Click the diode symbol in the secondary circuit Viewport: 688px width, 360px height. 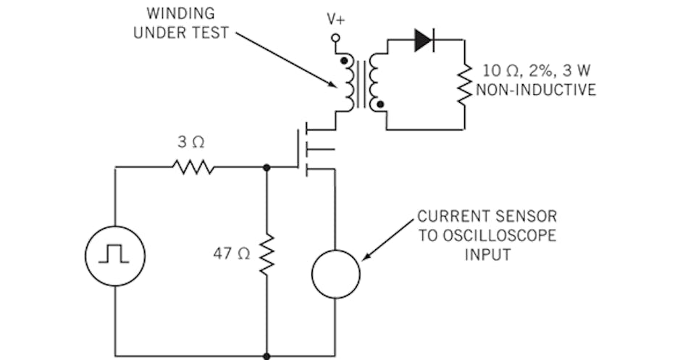(423, 41)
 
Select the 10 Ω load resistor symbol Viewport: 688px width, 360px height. (464, 84)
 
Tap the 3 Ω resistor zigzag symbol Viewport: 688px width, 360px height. (193, 167)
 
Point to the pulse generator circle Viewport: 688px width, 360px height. (115, 255)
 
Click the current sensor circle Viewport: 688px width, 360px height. (335, 273)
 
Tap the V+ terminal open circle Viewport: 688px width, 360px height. (335, 38)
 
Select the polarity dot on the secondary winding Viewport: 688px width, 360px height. (381, 104)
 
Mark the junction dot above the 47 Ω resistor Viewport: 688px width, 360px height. (267, 167)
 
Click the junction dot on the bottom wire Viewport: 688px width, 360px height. (267, 356)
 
